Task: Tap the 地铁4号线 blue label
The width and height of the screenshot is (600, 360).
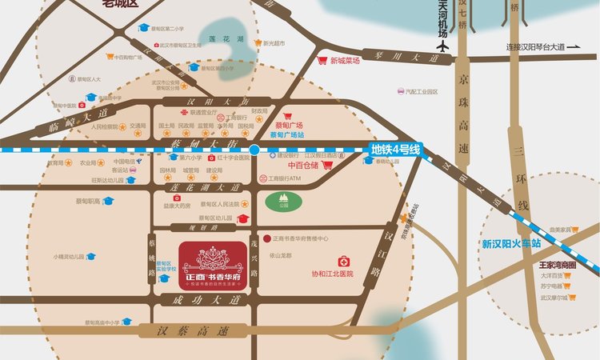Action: [396, 149]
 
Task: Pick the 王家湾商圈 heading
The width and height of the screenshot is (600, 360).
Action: [558, 263]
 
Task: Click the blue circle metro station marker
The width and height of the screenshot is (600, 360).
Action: [254, 149]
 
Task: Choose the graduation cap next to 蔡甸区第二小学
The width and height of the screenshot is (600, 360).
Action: [144, 27]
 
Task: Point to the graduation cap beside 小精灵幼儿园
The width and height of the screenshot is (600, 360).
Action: [91, 257]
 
